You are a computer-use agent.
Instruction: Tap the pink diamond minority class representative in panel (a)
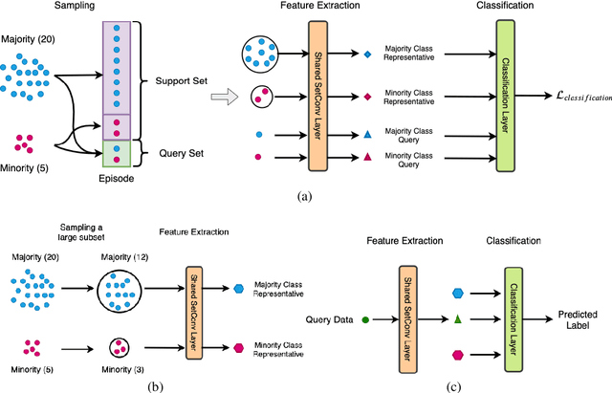[368, 97]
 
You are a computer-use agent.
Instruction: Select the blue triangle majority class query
[368, 134]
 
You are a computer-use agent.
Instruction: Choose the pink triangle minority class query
[368, 155]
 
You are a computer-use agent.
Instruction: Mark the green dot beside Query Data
[365, 318]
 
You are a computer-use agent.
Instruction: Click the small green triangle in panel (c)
[458, 317]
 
